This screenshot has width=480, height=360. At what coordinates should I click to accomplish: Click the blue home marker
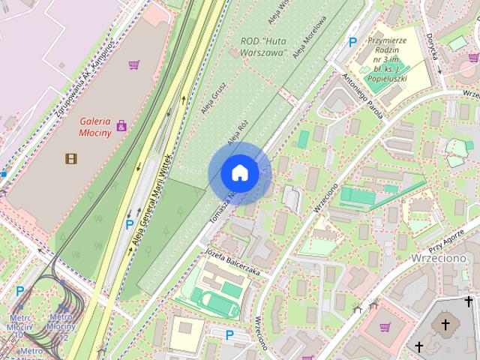coord(239,172)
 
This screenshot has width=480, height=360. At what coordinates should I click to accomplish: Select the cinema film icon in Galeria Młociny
coord(70,158)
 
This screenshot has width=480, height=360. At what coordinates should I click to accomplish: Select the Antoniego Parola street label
coord(362,96)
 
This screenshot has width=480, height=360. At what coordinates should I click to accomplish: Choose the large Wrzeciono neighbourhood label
coord(439,258)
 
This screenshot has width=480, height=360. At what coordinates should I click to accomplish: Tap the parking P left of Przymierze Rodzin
coord(352,43)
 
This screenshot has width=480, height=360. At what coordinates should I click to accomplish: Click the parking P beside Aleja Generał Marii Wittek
coord(130,224)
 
